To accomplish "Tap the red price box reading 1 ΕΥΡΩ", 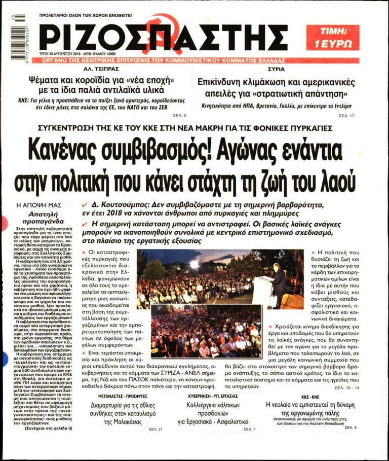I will tap(332, 37).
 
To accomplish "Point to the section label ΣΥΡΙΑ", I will tap(276, 68).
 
